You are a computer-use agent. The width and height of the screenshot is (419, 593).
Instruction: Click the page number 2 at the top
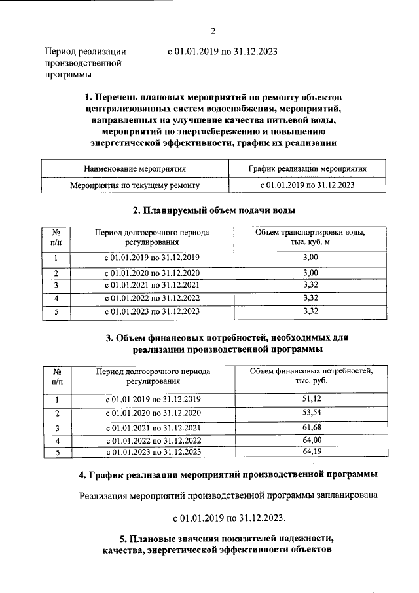[x=213, y=31]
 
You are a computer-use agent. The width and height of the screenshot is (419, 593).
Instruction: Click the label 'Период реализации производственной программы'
[x=85, y=62]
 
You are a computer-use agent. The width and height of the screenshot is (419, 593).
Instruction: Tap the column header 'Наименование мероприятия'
[x=135, y=168]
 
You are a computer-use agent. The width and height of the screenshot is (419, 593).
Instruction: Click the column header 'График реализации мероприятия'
[x=307, y=168]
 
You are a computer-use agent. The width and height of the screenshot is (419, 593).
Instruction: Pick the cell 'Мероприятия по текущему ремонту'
[x=135, y=185]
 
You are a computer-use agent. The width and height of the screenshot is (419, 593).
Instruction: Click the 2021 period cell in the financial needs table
[x=153, y=428]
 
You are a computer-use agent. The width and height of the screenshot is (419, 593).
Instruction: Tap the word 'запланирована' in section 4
[x=346, y=496]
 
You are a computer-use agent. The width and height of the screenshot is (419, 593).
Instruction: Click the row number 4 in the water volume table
[x=56, y=298]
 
